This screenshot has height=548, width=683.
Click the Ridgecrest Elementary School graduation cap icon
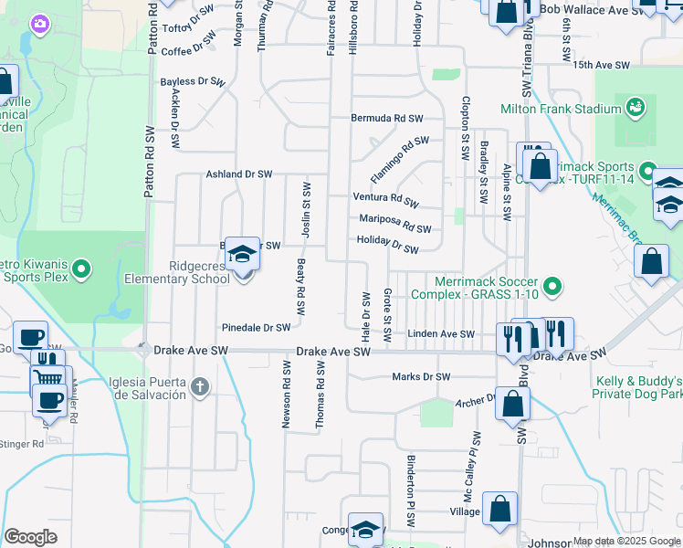tap(242, 254)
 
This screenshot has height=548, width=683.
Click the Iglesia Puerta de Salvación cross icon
tap(200, 387)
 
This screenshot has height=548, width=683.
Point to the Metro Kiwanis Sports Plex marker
tap(81, 269)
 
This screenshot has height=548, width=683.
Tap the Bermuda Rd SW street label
tap(388, 119)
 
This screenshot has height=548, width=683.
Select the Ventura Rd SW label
tap(385, 199)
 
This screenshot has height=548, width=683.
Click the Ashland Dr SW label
tap(239, 174)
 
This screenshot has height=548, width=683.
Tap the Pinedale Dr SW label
tap(256, 327)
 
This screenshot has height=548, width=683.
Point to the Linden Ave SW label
tap(442, 335)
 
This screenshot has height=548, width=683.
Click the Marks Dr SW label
tap(421, 376)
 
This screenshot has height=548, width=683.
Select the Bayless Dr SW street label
tap(193, 82)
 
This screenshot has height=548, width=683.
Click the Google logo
tap(30, 537)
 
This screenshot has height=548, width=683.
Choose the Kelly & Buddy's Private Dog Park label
tap(638, 386)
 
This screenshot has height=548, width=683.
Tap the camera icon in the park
tap(39, 23)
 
